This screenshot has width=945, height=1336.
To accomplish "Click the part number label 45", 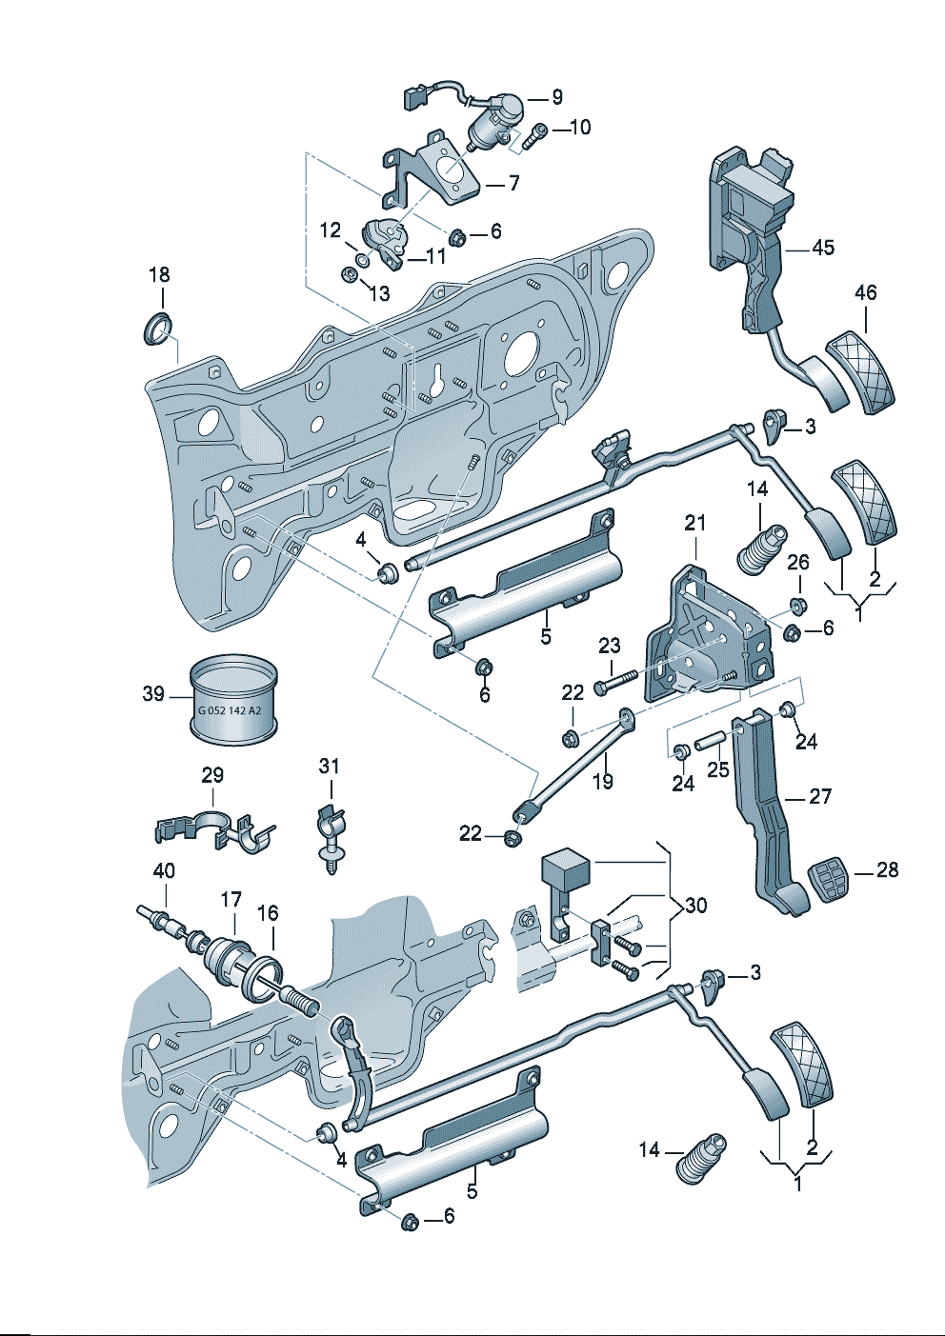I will point(823,248).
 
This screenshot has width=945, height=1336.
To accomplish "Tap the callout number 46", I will point(865,292).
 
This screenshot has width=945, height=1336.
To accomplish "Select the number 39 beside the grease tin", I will point(153,694).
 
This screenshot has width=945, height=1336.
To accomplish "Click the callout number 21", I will point(695,522).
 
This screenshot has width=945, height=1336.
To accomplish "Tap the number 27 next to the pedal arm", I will point(820,796).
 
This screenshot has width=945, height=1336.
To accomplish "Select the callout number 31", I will point(329,766).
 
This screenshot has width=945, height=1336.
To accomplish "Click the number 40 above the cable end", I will point(164,870).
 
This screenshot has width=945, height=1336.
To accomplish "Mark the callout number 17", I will point(231,899).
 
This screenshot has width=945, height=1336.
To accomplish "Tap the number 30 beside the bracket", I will point(696,905).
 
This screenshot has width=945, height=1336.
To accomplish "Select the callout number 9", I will point(557,97).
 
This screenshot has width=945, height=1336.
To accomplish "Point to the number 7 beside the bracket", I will point(513,183).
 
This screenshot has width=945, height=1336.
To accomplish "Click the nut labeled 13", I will point(349,275).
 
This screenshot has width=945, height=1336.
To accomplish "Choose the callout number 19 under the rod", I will point(603,782).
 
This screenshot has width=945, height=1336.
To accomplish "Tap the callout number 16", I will point(269,913).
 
